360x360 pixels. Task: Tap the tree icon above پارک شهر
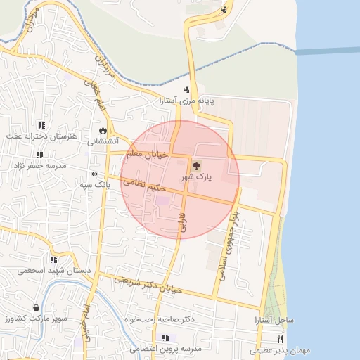click(195, 166)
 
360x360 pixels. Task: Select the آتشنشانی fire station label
click(102, 141)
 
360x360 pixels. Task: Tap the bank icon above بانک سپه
click(94, 174)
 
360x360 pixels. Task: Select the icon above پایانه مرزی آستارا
click(187, 89)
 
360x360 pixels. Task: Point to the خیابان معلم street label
click(148, 153)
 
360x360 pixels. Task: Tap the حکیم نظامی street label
click(144, 185)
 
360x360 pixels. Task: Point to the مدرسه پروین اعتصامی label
click(172, 349)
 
